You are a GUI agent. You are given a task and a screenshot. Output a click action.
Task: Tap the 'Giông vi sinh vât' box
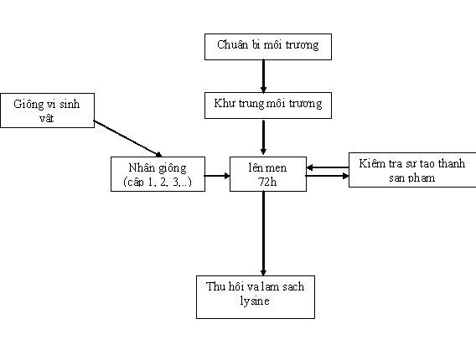[46, 111]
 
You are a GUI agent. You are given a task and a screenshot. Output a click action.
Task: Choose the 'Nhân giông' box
[158, 173]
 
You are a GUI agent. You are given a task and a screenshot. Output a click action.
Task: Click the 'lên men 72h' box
[263, 173]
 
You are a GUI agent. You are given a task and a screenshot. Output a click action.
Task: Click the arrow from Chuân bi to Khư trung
[263, 75]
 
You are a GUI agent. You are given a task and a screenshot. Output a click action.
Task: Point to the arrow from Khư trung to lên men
[263, 136]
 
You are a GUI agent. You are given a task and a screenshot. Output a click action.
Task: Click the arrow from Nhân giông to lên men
[217, 176]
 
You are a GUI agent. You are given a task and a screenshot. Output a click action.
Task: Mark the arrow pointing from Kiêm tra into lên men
[328, 168]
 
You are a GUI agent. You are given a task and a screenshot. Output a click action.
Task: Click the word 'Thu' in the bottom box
[216, 287]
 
